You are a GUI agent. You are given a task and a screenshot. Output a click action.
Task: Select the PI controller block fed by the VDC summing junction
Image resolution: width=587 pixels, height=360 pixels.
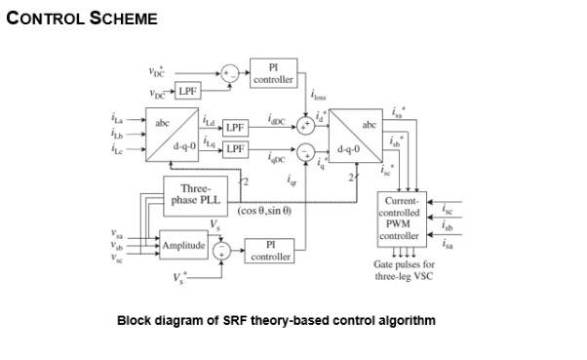coord(273,72)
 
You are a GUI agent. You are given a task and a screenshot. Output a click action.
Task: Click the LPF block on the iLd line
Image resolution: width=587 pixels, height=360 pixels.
coord(235,128)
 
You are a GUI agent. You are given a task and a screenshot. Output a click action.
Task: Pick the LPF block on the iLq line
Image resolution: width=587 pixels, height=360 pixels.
coord(235,148)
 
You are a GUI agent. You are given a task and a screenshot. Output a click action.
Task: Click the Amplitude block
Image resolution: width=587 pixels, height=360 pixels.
coord(184,245)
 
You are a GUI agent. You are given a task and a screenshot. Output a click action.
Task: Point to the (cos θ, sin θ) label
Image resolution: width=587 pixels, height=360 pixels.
coord(265,211)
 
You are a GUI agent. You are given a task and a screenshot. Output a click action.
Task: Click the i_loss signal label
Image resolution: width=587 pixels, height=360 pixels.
coord(318,96)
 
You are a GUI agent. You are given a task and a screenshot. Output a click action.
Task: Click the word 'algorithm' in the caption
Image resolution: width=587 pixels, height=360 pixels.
coord(406,320)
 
